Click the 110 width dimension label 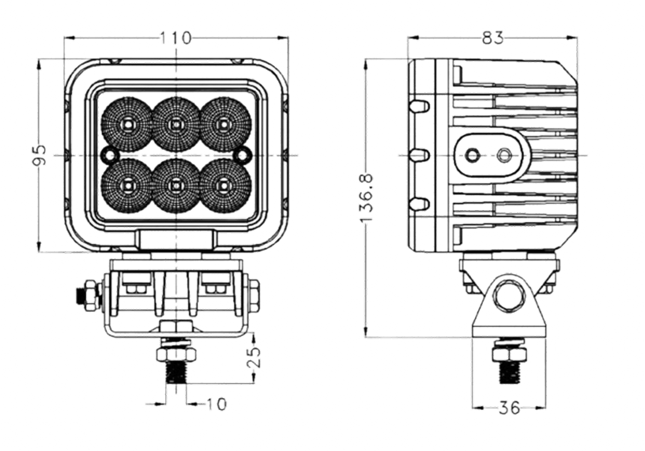pos(176,38)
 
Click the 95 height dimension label pos(39,155)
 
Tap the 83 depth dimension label pos(493,38)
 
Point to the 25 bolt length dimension pos(254,358)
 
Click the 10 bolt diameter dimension pos(216,404)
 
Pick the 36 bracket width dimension pos(509,408)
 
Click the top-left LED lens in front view pos(127,124)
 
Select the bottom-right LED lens pos(225,186)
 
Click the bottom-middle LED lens pos(176,186)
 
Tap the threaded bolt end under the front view pos(176,372)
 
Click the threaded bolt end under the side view pos(509,372)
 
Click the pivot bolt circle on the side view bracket pos(509,296)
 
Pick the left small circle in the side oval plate pos(472,156)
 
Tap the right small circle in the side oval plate pos(504,156)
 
